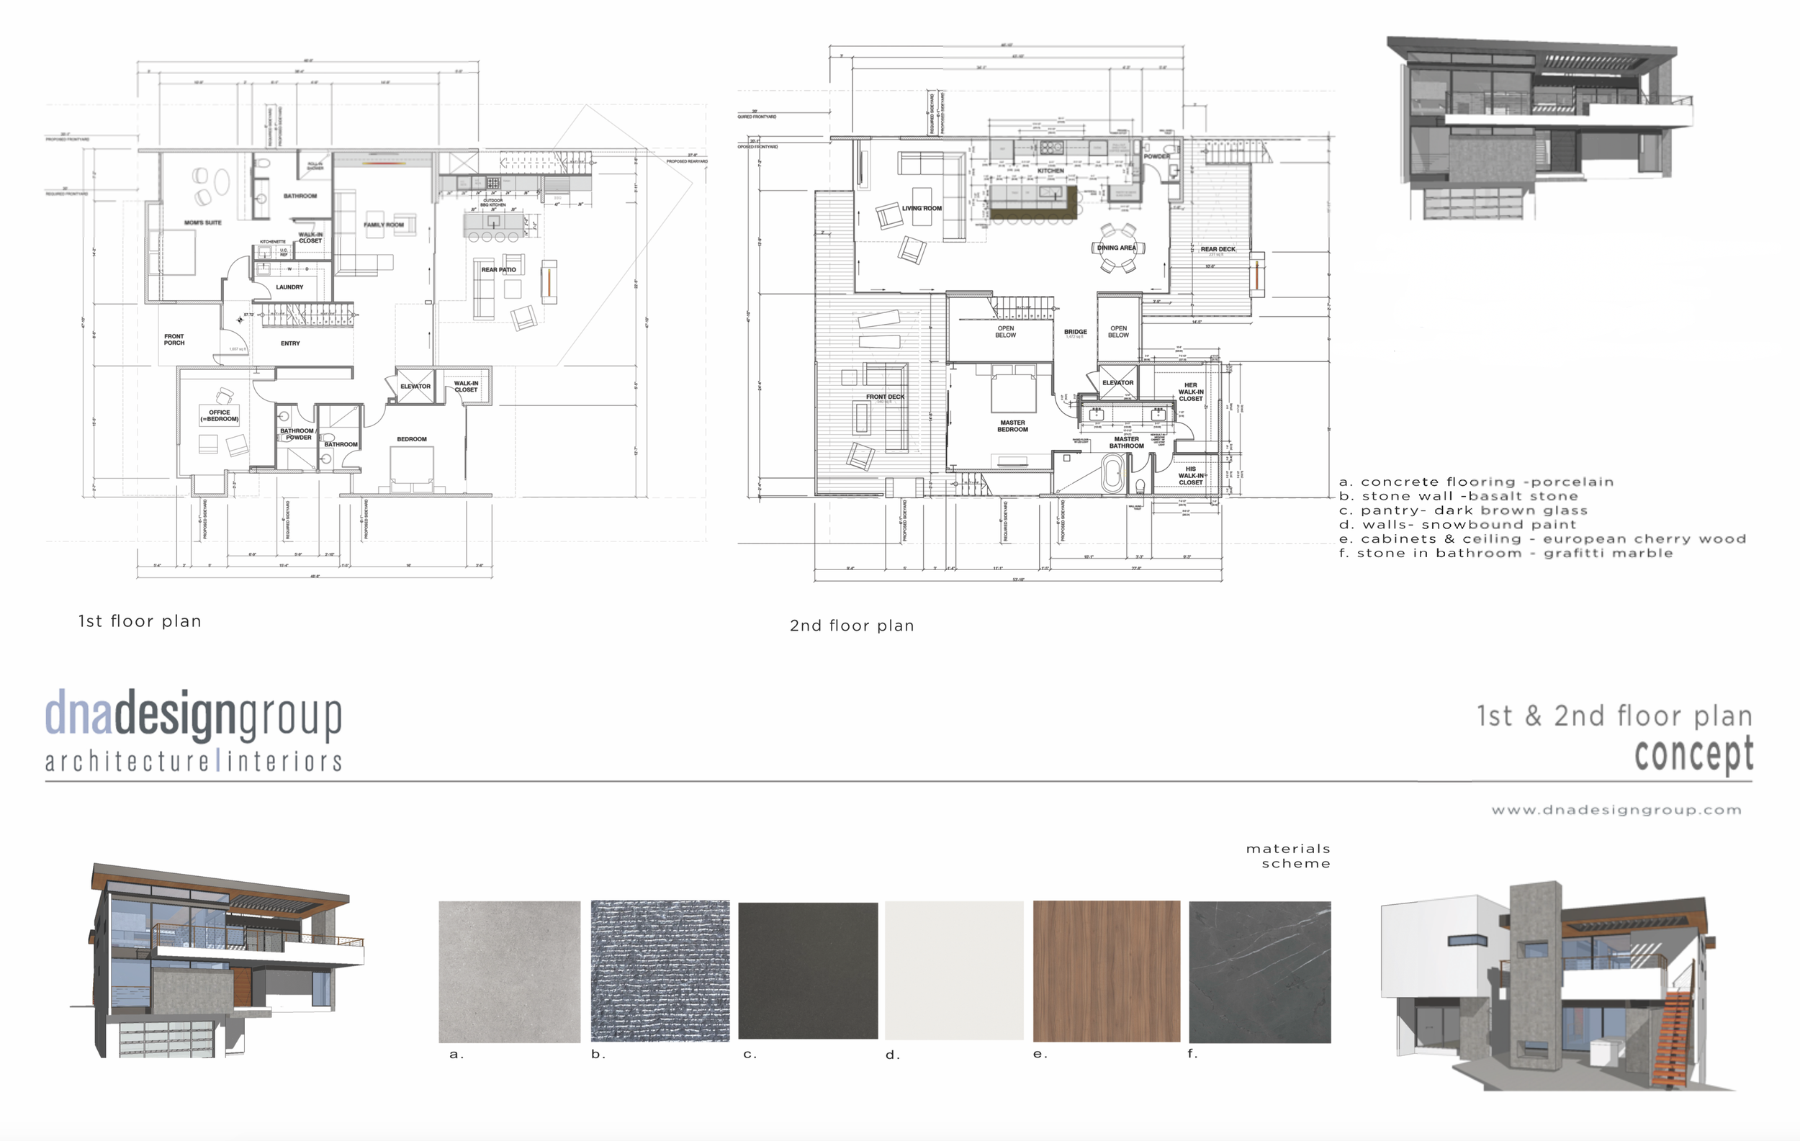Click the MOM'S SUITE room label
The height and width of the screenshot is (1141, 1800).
click(x=202, y=222)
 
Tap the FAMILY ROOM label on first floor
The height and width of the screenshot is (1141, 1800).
click(x=384, y=225)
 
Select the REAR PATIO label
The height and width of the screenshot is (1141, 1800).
click(x=498, y=270)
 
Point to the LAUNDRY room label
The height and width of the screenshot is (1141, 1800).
click(x=289, y=287)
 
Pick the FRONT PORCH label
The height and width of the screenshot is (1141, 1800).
click(x=174, y=340)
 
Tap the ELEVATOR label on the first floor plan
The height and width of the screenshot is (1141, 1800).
click(x=415, y=387)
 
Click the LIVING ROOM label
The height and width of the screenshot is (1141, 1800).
click(x=922, y=209)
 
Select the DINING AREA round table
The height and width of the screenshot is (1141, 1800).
click(x=1117, y=248)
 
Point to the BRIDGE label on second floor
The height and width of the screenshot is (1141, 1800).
click(x=1075, y=332)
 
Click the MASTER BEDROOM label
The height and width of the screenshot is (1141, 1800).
click(x=1012, y=426)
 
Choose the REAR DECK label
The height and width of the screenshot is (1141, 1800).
click(x=1218, y=250)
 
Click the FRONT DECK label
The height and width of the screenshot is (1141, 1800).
click(x=885, y=397)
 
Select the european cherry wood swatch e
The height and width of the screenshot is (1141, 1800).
click(x=1107, y=970)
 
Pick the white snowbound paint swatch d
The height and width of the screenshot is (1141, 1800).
click(x=954, y=970)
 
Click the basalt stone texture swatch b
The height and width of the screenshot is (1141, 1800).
click(x=660, y=970)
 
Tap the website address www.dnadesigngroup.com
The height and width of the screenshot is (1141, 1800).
click(x=1616, y=810)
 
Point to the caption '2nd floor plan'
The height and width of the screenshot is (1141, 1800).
click(x=852, y=626)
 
